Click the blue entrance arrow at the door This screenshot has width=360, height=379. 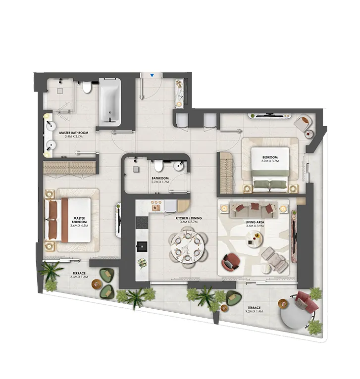(x=153, y=75)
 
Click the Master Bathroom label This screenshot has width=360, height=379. (x=73, y=133)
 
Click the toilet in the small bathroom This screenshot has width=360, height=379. (x=159, y=166)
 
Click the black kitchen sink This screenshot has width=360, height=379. (x=142, y=245)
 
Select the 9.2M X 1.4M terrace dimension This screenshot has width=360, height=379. (x=255, y=312)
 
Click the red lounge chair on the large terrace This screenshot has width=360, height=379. (x=305, y=301)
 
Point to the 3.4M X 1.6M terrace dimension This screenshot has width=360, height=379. (x=80, y=277)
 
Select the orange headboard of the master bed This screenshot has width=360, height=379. (x=64, y=220)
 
